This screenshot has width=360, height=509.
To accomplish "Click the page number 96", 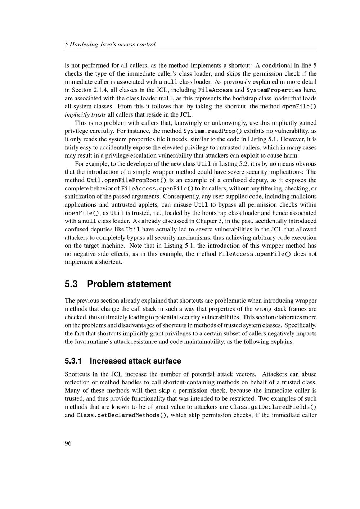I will [x=68, y=443].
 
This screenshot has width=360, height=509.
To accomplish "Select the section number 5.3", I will [x=71, y=284].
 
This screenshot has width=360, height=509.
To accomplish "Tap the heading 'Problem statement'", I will [x=129, y=284].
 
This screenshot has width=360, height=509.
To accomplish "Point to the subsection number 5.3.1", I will [x=74, y=361].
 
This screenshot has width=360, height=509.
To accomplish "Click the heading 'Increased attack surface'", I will [x=135, y=361].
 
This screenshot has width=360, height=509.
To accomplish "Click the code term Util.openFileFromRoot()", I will [x=126, y=180].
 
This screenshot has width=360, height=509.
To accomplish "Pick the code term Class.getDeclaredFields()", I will [x=273, y=407].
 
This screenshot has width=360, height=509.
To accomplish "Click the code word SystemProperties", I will [x=274, y=90].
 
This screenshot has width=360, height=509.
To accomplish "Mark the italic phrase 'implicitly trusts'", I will [x=85, y=115].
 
